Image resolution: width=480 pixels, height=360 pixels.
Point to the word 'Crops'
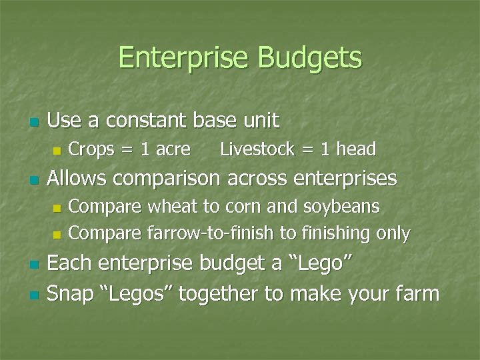(x=91, y=149)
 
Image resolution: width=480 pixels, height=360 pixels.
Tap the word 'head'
(x=356, y=149)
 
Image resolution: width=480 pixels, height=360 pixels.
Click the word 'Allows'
(x=79, y=179)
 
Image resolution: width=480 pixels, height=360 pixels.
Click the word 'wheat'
(x=172, y=207)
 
